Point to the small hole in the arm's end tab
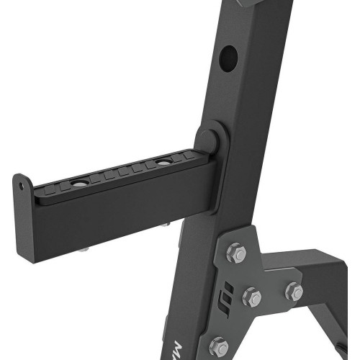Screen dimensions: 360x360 click(x=22, y=184)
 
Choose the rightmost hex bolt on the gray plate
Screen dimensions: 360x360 click(x=294, y=292)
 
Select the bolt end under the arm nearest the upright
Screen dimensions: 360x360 click(x=165, y=225)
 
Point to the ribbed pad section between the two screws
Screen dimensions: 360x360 click(x=121, y=174)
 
